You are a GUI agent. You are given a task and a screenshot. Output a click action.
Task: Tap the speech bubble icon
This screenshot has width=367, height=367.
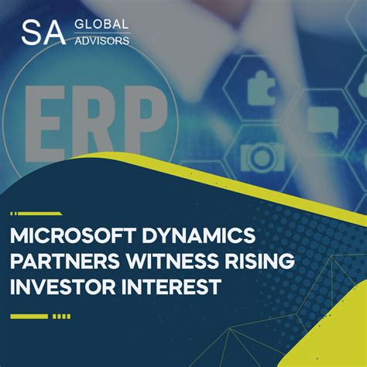pos(319,120)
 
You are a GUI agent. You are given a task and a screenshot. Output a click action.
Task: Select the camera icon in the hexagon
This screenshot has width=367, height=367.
pos(259,157)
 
